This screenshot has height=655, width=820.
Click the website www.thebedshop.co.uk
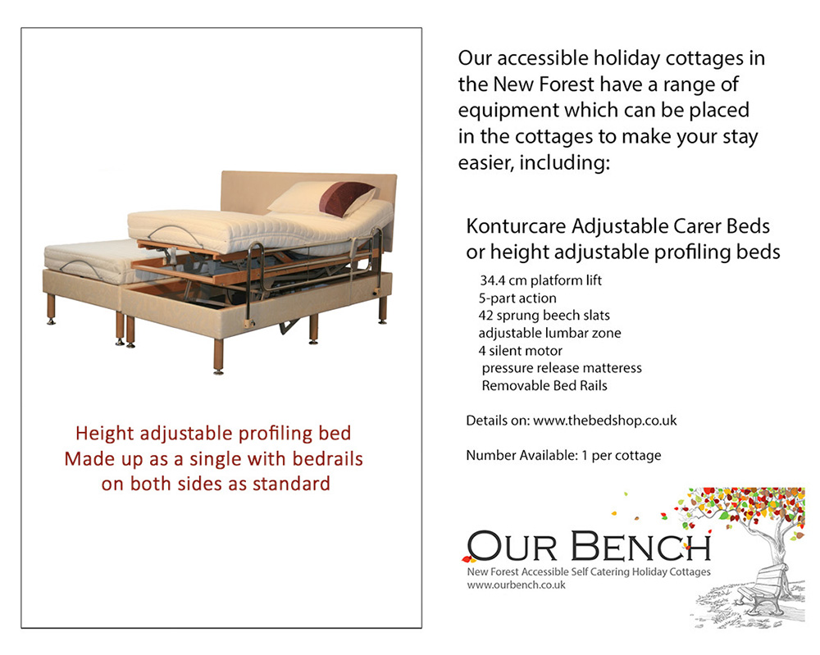pos(604,421)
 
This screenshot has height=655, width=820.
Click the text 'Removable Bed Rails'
pos(544,385)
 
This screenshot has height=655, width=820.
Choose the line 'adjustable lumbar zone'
pos(549,333)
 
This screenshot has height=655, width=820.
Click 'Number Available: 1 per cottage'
pos(563,455)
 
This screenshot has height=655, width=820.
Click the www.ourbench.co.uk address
pos(516,585)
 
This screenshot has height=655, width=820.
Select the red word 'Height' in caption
pos(104,433)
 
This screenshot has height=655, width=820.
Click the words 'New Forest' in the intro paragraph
pos(544,84)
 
